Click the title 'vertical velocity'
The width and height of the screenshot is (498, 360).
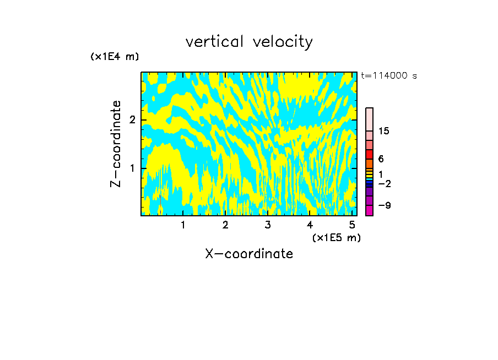(x=249, y=42)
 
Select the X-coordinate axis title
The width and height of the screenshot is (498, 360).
(x=249, y=254)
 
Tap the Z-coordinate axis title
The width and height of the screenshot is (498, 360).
(x=116, y=144)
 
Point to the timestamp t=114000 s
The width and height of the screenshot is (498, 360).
(x=389, y=76)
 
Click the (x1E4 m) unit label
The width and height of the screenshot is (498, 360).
(x=115, y=57)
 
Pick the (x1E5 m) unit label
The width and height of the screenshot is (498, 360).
(x=336, y=237)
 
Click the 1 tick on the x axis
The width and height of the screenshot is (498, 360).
(x=183, y=225)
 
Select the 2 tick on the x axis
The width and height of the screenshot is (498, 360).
(x=225, y=225)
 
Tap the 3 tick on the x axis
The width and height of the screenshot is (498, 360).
(x=268, y=225)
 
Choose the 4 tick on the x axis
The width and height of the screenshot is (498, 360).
(x=310, y=225)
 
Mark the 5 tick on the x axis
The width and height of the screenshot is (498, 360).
(x=352, y=225)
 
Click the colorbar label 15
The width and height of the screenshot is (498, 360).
(x=384, y=131)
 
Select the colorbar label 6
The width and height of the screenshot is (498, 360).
(x=381, y=159)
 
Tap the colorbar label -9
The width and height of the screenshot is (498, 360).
(x=384, y=206)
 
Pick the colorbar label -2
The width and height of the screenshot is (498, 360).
(x=384, y=183)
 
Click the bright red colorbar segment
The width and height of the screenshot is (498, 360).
(x=369, y=154)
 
